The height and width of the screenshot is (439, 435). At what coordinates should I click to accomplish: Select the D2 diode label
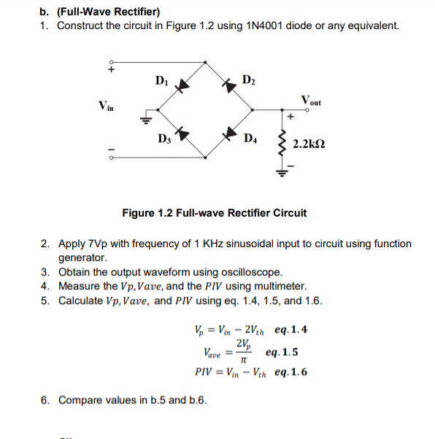(248, 79)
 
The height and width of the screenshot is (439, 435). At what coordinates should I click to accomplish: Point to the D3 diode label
(163, 138)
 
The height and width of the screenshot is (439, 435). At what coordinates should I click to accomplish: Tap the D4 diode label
(250, 139)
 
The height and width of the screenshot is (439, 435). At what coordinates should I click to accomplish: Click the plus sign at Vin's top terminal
(112, 71)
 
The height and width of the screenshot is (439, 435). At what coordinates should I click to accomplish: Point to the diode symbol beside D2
(231, 85)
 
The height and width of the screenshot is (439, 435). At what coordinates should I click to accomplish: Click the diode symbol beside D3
(183, 133)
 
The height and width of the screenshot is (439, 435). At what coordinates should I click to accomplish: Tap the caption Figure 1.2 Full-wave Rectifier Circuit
(215, 213)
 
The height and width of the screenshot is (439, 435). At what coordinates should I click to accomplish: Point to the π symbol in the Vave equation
(243, 360)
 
